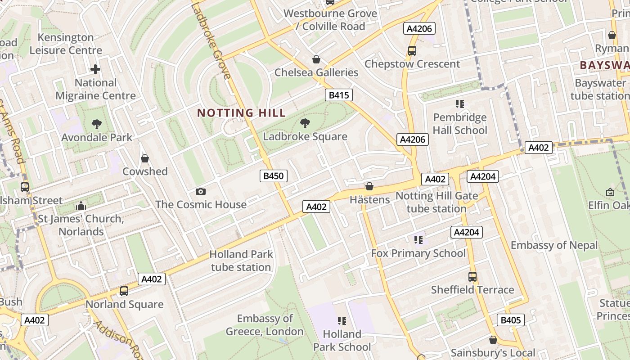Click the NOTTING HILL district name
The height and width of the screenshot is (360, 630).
click(x=241, y=113)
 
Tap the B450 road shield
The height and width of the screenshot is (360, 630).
click(x=273, y=176)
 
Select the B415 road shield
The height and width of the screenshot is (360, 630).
click(x=338, y=95)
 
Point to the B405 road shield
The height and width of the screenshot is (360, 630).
click(x=510, y=320)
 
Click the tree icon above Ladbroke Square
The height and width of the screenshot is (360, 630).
click(x=305, y=123)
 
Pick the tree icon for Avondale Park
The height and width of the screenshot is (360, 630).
click(x=96, y=124)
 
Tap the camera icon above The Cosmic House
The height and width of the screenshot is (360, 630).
click(x=201, y=192)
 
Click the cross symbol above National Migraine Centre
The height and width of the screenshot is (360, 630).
click(x=95, y=69)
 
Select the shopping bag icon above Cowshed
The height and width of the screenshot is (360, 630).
click(x=145, y=158)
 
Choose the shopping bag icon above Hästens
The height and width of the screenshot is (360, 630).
click(x=369, y=186)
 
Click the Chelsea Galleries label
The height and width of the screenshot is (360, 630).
click(x=316, y=72)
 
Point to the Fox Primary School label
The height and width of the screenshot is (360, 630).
click(x=418, y=253)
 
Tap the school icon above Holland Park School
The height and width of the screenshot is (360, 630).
click(x=342, y=321)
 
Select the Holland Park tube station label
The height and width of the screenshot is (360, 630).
click(x=241, y=261)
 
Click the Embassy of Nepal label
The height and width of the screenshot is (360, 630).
click(x=554, y=245)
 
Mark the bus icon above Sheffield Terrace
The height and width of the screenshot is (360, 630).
click(x=472, y=277)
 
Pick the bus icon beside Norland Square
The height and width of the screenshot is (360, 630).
click(x=124, y=291)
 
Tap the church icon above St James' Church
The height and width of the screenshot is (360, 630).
click(x=81, y=206)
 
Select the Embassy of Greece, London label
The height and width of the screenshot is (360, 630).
click(x=265, y=325)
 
